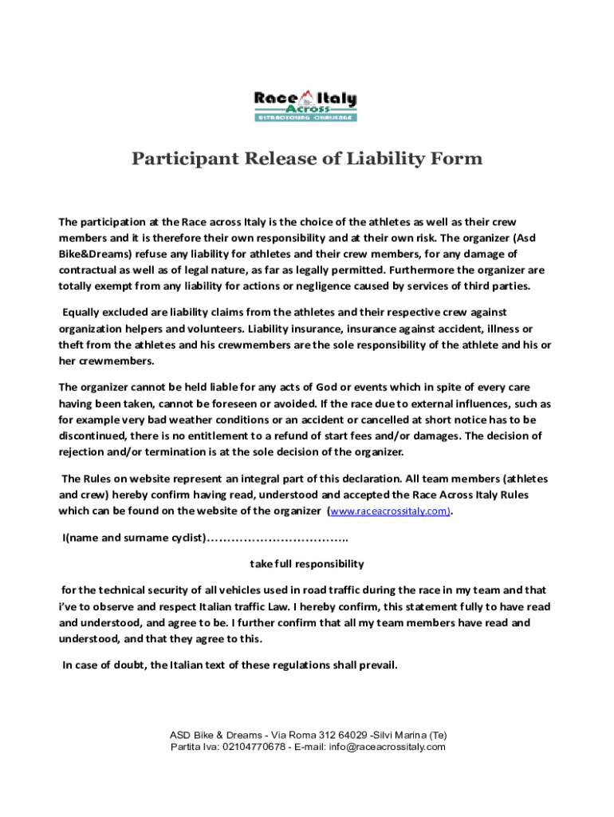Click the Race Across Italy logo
tap(305, 105)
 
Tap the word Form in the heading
tap(455, 159)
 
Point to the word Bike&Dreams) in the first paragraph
tap(92, 255)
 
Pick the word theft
tap(71, 345)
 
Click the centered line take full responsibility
tap(307, 563)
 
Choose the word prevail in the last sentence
tap(376, 665)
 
